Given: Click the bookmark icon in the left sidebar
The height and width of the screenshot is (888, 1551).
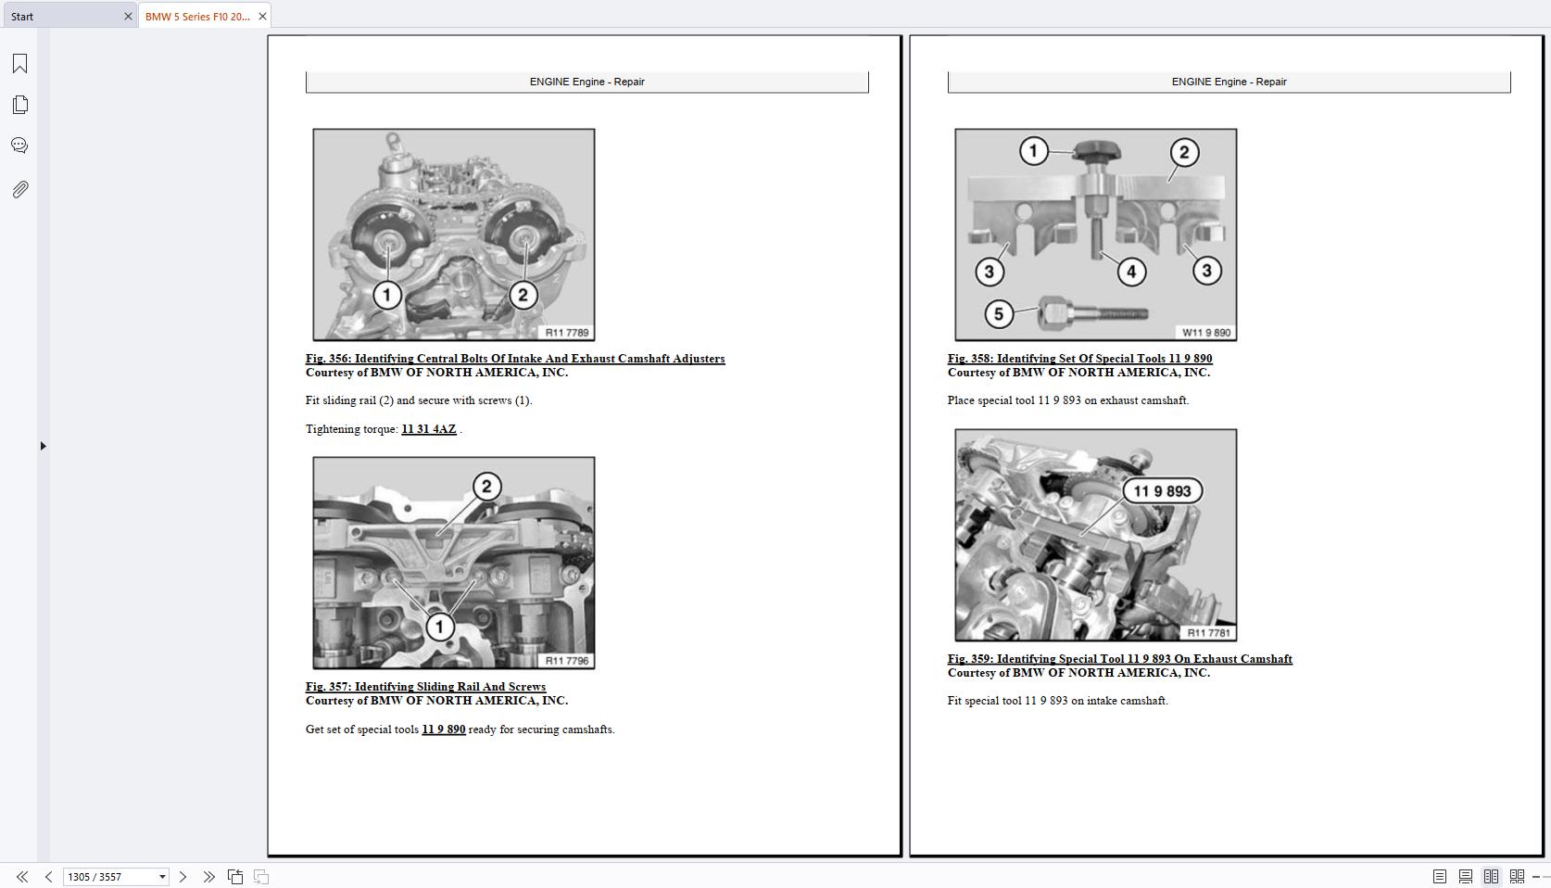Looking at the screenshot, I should (19, 63).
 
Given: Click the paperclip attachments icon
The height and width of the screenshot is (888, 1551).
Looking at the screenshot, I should (19, 189).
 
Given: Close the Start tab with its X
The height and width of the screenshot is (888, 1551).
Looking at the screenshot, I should (128, 16).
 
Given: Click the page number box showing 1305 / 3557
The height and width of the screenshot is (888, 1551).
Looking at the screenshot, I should (108, 877).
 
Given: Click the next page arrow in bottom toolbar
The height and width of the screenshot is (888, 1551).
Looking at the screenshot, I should (183, 877).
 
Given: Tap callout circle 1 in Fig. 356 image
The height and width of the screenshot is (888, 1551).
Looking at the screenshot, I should (387, 296).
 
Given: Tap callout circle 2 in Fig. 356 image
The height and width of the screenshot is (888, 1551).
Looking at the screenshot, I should (523, 296).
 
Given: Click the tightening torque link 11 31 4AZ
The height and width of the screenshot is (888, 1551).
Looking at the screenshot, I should (428, 429).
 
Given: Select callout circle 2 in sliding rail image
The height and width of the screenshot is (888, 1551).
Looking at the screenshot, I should (487, 487).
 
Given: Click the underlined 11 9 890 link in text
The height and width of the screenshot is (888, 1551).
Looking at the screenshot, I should (443, 729).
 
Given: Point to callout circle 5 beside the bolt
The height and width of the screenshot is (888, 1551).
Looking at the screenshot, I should (998, 314).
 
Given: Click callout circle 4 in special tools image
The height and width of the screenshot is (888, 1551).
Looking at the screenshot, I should (1131, 272).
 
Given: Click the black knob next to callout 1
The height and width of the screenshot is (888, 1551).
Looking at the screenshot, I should (1097, 152).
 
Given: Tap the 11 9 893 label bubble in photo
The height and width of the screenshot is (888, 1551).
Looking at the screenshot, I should (1162, 491).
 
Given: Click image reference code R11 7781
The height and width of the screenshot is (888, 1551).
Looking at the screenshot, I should (1208, 633).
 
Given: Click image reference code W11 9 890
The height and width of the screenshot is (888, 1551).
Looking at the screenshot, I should (1205, 333).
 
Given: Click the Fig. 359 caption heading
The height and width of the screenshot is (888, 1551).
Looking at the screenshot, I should (1119, 659).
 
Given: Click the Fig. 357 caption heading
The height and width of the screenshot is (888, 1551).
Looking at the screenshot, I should (425, 687).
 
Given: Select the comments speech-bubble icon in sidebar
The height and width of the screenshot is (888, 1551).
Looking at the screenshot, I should (19, 146).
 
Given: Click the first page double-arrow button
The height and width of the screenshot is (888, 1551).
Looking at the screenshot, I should (21, 877).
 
